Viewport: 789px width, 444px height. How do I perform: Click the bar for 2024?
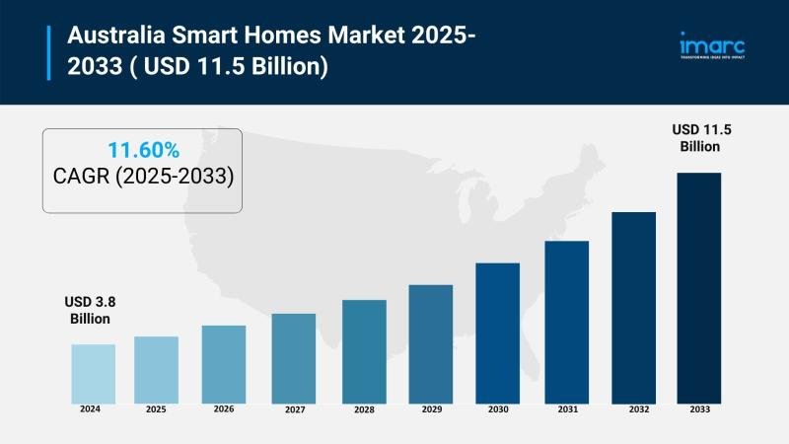[93, 373]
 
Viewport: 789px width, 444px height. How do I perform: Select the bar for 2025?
[156, 369]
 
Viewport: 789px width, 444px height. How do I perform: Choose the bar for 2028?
[364, 350]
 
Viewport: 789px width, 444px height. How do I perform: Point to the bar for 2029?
[430, 343]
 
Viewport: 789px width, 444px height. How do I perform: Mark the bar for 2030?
[497, 333]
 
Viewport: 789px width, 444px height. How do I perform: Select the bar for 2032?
[633, 307]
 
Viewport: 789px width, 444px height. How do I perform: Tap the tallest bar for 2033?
[698, 287]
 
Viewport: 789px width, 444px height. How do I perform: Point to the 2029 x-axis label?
[430, 408]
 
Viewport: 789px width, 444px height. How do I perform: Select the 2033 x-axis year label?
[698, 408]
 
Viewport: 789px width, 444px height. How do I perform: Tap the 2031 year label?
[567, 408]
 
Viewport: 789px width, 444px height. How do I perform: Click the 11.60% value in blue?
[143, 151]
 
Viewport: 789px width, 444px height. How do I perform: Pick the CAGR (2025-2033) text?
[143, 177]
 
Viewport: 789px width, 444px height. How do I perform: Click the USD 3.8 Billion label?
[91, 310]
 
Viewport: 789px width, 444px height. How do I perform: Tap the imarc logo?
[711, 46]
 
